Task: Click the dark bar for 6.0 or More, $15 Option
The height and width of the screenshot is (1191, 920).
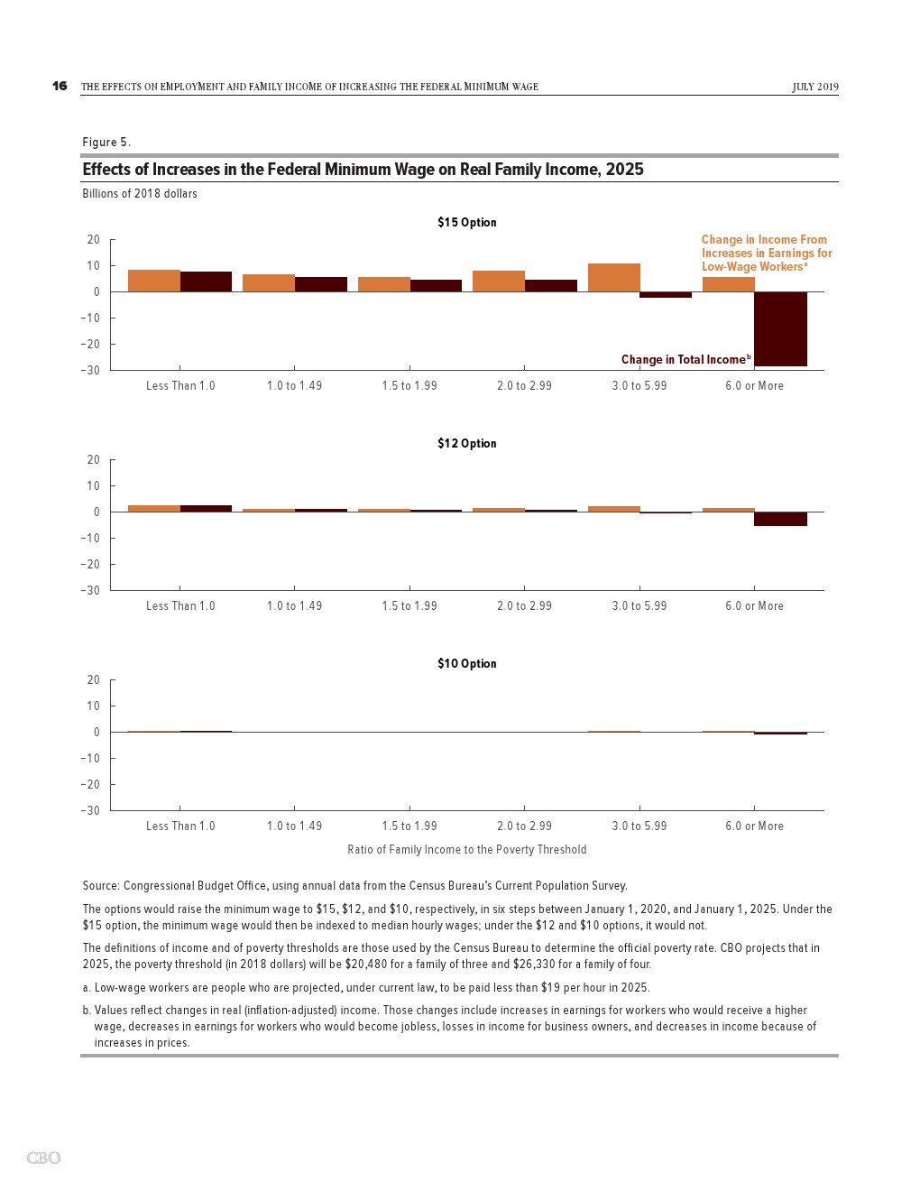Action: point(780,328)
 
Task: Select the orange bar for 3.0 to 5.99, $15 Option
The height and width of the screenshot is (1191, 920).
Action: point(613,277)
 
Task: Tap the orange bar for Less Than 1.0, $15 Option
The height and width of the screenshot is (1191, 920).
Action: point(153,281)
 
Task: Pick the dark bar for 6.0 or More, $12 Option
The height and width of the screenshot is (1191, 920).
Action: point(780,519)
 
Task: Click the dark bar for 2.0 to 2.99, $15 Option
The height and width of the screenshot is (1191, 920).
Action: point(550,285)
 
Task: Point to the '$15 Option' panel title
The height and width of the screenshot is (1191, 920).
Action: point(466,223)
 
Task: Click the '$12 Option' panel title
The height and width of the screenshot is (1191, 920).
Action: point(466,443)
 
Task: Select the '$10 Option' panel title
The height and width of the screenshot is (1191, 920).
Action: point(466,663)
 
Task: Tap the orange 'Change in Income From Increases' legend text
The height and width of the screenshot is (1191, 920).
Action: point(766,253)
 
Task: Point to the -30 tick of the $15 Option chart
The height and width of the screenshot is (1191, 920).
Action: point(90,370)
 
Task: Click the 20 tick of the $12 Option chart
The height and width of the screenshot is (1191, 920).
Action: point(94,459)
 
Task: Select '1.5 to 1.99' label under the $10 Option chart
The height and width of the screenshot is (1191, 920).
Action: point(409,826)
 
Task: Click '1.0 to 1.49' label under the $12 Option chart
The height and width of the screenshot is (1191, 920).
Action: point(294,605)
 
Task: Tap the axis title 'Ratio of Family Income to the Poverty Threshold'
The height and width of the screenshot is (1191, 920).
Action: point(466,849)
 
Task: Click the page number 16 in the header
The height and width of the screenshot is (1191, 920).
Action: point(60,86)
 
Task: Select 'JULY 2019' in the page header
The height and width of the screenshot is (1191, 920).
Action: point(815,87)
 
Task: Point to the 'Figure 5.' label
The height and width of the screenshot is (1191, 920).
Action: point(106,142)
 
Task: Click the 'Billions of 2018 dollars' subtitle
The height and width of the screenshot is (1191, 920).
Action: point(140,193)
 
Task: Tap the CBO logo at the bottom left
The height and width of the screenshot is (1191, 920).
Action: point(43,1158)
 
